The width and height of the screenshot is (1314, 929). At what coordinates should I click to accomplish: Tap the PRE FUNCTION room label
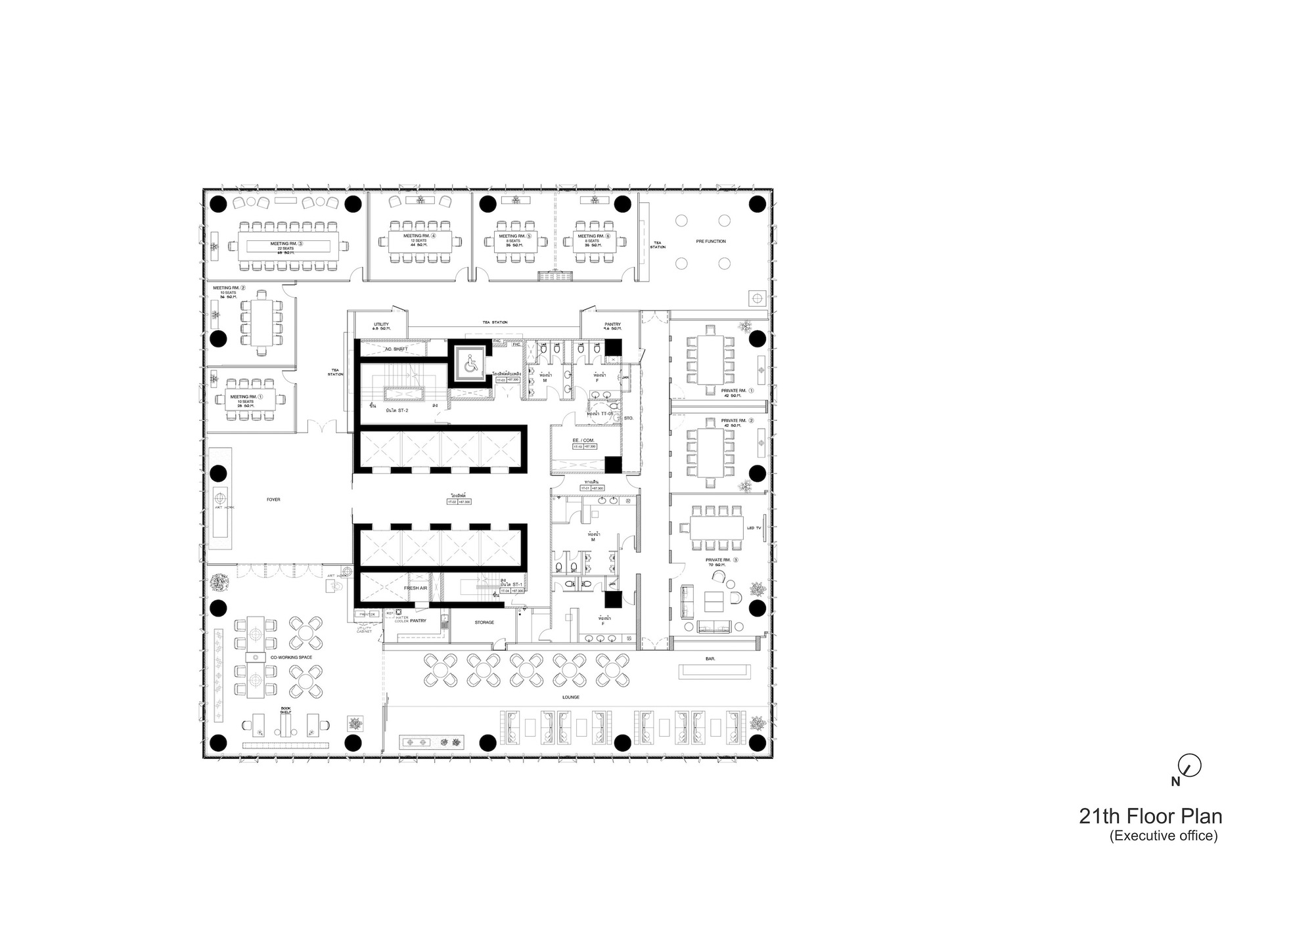pyautogui.click(x=711, y=242)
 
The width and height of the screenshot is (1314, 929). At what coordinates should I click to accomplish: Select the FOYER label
pyautogui.click(x=273, y=500)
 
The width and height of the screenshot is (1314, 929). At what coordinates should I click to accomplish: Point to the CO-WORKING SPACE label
pyautogui.click(x=291, y=657)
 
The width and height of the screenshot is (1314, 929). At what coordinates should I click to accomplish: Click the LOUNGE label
pyautogui.click(x=570, y=697)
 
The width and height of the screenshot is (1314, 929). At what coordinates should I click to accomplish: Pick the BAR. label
pyautogui.click(x=710, y=657)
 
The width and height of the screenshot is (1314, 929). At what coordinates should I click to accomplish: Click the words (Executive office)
pyautogui.click(x=1164, y=836)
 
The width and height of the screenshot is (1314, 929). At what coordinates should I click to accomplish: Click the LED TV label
pyautogui.click(x=754, y=528)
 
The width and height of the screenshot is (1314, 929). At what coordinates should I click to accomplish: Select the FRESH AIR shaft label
pyautogui.click(x=416, y=588)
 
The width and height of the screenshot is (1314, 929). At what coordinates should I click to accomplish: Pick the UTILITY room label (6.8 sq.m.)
pyautogui.click(x=381, y=326)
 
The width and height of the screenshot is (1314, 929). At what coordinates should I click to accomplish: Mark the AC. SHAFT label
pyautogui.click(x=396, y=349)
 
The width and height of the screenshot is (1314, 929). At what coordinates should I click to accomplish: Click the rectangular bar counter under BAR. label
pyautogui.click(x=714, y=671)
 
